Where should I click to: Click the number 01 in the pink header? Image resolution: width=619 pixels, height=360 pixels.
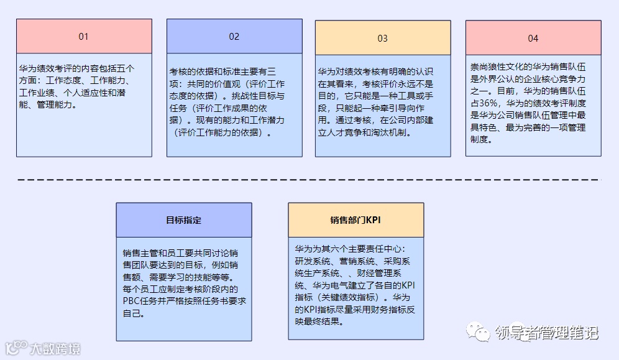pyautogui.click(x=84, y=36)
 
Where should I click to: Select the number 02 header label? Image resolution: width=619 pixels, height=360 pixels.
pyautogui.click(x=234, y=36)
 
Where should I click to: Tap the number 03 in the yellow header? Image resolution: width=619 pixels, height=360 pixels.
pyautogui.click(x=382, y=38)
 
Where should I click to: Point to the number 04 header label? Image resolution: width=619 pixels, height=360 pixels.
pyautogui.click(x=533, y=38)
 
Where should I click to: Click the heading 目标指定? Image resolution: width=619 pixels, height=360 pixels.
pyautogui.click(x=183, y=220)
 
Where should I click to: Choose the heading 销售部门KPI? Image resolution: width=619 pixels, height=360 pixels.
pyautogui.click(x=355, y=220)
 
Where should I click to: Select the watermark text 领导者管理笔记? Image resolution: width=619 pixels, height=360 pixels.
pyautogui.click(x=547, y=333)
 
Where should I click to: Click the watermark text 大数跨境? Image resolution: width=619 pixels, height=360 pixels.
pyautogui.click(x=55, y=348)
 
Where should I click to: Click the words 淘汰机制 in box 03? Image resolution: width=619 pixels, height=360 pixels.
pyautogui.click(x=391, y=132)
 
